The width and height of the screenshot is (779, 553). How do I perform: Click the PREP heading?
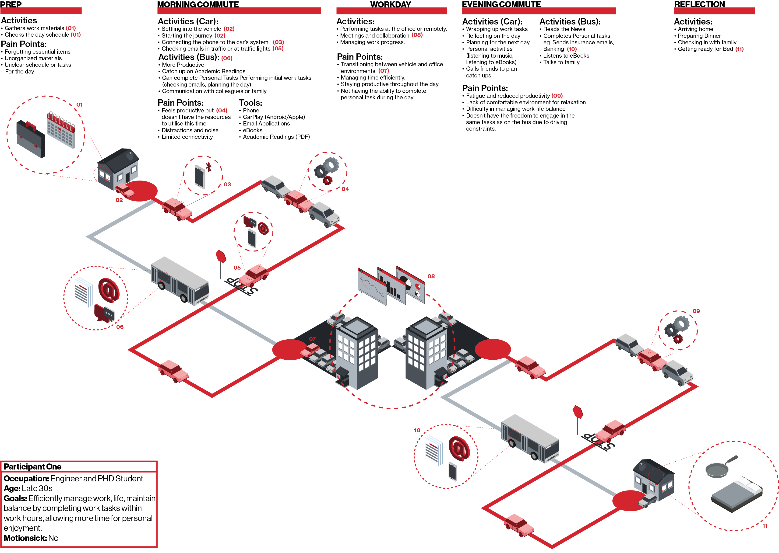11,4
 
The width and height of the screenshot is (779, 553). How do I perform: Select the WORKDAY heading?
391,4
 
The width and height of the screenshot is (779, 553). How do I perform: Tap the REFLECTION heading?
699,4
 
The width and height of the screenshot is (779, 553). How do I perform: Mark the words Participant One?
32,466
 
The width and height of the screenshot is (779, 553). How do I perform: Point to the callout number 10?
417,430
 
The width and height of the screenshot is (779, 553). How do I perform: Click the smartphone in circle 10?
453,471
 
